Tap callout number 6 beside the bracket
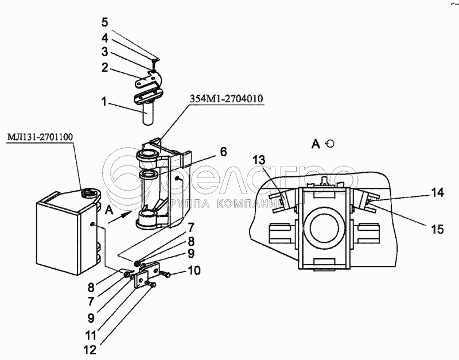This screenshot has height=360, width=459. (x=223, y=152)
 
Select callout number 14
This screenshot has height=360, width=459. (x=438, y=193)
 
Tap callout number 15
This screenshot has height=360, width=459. (x=437, y=229)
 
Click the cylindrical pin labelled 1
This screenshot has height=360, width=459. (x=147, y=112)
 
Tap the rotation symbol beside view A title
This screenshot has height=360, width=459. (x=329, y=144)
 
